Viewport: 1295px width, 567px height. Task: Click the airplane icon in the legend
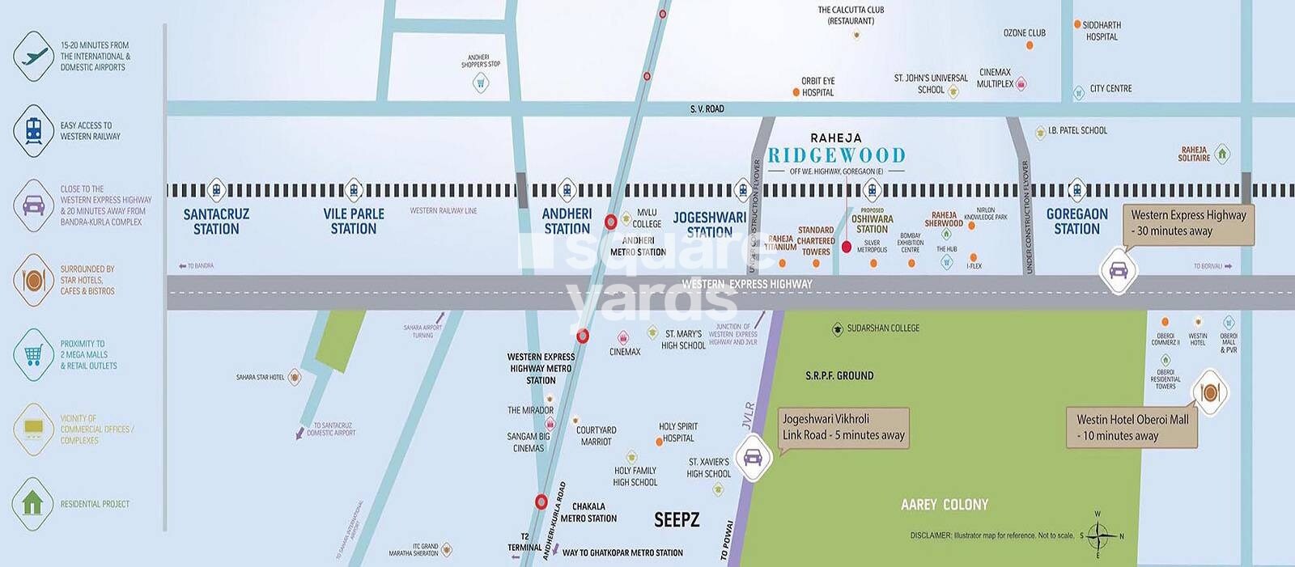34,57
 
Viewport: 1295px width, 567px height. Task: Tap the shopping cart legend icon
34,354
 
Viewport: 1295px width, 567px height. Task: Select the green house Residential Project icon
33,503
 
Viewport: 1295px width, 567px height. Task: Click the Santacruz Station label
216,222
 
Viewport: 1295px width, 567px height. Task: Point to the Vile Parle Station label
354,222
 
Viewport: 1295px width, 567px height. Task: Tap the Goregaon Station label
1076,222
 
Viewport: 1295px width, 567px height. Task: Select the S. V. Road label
707,109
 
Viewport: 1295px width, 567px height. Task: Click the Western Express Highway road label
746,284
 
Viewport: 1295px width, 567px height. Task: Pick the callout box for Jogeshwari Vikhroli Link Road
843,427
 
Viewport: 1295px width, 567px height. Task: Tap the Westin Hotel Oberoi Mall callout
1132,427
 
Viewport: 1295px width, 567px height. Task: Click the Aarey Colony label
945,505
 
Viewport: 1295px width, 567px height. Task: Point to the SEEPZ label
677,520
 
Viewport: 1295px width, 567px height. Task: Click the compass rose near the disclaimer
1098,535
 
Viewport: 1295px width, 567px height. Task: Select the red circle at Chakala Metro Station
541,502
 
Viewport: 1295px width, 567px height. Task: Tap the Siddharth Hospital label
1102,31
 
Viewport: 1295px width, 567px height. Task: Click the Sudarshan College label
882,328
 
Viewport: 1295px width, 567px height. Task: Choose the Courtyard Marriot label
597,436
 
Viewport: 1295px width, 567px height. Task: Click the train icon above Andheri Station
567,191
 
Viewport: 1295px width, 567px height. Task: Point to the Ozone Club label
1024,33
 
